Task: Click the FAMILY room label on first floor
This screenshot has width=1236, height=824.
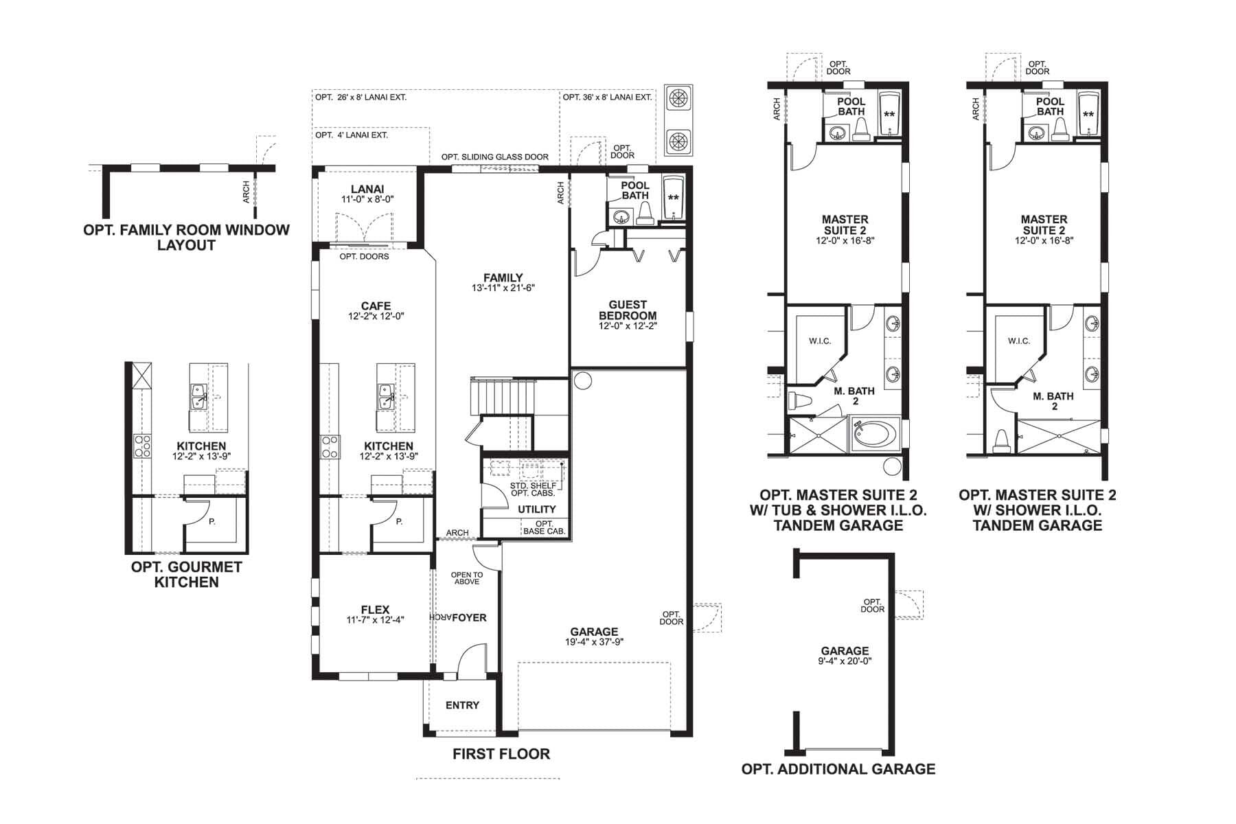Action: point(503,278)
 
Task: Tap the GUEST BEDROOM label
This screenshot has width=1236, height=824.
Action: point(628,310)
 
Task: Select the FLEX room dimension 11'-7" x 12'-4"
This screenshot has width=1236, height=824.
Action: point(375,620)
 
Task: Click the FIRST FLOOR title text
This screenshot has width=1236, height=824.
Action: point(501,754)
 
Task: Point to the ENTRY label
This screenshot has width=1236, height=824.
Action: point(462,705)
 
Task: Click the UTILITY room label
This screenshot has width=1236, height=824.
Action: point(536,509)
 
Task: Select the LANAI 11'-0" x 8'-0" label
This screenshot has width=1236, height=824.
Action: point(367,194)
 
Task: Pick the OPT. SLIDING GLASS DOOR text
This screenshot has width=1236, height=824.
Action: point(494,157)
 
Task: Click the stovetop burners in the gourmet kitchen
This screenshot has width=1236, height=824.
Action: point(143,446)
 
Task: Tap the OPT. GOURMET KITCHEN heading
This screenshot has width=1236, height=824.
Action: point(186,575)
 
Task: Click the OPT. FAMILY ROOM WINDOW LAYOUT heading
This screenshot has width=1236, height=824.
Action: point(186,238)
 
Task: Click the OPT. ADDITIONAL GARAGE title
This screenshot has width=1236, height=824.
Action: point(838,769)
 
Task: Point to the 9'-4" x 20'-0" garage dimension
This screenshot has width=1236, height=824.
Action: point(845,661)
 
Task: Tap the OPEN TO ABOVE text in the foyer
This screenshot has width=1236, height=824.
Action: point(466,578)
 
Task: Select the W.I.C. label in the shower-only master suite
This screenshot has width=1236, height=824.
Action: point(1018,341)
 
